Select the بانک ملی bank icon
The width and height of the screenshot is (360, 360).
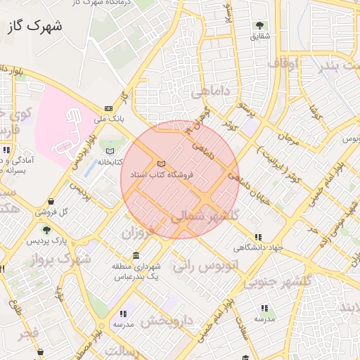point(108,108)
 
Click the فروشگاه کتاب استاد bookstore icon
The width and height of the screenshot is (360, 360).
point(161,164)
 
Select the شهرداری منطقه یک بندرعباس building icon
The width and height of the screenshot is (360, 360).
point(136,255)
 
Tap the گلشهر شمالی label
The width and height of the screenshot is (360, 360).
point(205,216)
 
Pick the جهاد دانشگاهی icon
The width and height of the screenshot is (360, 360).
point(259,237)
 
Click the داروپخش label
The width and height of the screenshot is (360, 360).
point(166,321)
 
